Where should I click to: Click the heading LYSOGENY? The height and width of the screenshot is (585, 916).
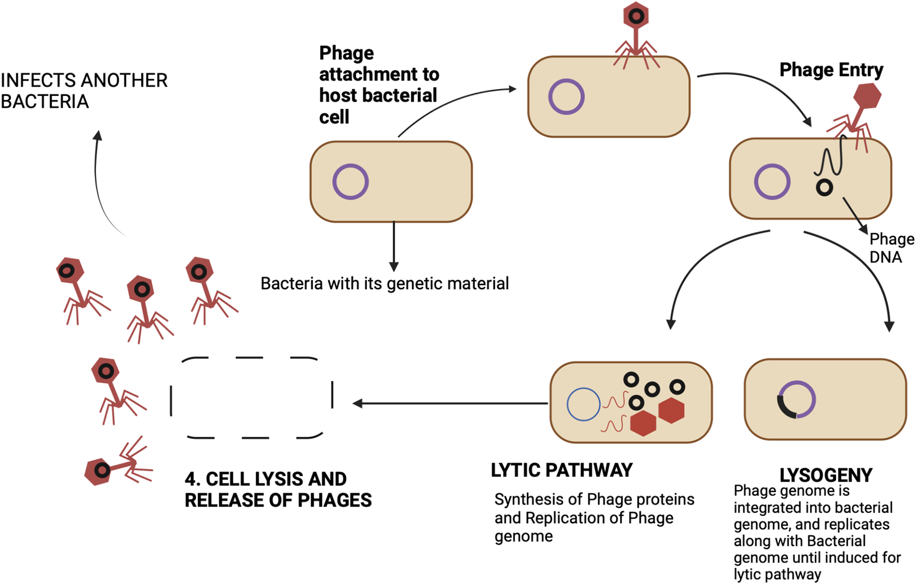pyautogui.click(x=825, y=475)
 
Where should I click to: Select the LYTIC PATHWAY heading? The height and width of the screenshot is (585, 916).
pyautogui.click(x=562, y=470)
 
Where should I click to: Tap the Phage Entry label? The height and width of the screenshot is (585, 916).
pyautogui.click(x=831, y=69)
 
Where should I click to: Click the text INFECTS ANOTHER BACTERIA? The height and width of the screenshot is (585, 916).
pyautogui.click(x=84, y=91)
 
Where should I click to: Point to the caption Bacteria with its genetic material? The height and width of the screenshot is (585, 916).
pyautogui.click(x=385, y=283)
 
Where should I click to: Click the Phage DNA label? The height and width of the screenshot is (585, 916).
pyautogui.click(x=890, y=248)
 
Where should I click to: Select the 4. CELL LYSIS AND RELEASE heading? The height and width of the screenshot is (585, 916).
pyautogui.click(x=278, y=490)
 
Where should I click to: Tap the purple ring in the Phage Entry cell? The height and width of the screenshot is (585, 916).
pyautogui.click(x=772, y=182)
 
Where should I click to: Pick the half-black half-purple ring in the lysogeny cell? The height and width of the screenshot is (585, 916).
pyautogui.click(x=796, y=399)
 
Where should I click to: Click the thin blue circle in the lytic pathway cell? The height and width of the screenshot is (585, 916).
pyautogui.click(x=584, y=404)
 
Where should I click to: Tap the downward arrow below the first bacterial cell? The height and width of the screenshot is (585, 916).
pyautogui.click(x=394, y=245)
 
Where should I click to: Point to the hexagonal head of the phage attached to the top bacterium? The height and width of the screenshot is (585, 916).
pyautogui.click(x=636, y=16)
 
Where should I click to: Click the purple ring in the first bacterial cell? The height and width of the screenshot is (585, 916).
pyautogui.click(x=351, y=182)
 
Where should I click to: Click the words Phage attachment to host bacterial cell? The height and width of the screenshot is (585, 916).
pyautogui.click(x=378, y=85)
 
